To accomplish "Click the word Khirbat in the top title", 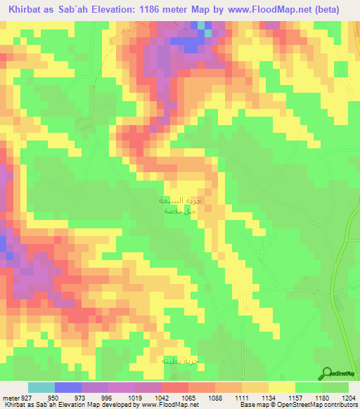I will click(x=24, y=10).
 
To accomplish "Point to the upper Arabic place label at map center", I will click(x=172, y=201).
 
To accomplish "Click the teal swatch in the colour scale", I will click(x=41, y=387).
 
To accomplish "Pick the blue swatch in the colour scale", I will click(x=68, y=387).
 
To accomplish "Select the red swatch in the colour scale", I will click(x=175, y=387).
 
